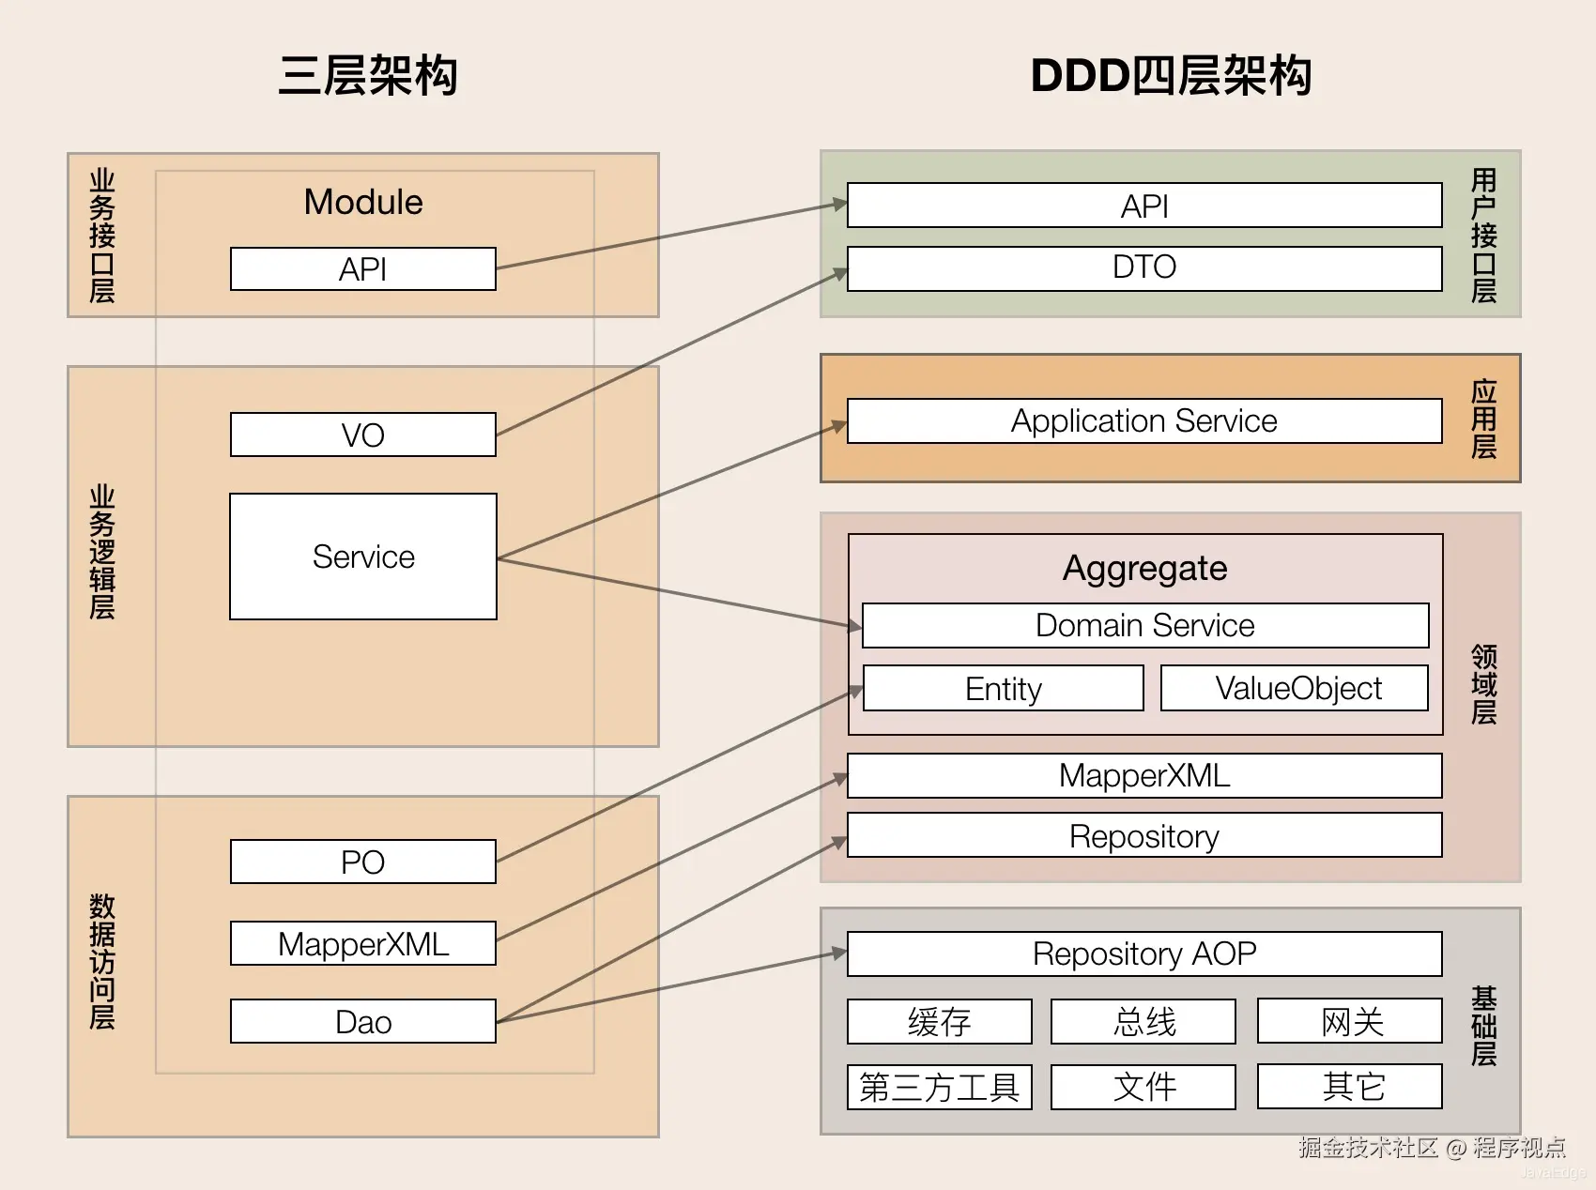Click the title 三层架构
[368, 75]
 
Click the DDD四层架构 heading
[1171, 75]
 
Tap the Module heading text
[363, 202]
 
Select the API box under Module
[363, 269]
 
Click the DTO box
[1144, 268]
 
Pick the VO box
[363, 435]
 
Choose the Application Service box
[1144, 420]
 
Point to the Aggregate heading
[1145, 569]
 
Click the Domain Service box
[1145, 625]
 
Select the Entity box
[1004, 688]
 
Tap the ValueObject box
[1295, 688]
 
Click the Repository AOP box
[1144, 954]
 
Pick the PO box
[363, 862]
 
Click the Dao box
[363, 1021]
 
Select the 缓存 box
[940, 1021]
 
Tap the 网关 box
[1350, 1021]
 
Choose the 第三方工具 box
[940, 1087]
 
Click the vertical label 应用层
[1484, 419]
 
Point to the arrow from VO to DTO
[672, 353]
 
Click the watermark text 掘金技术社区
[1368, 1147]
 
